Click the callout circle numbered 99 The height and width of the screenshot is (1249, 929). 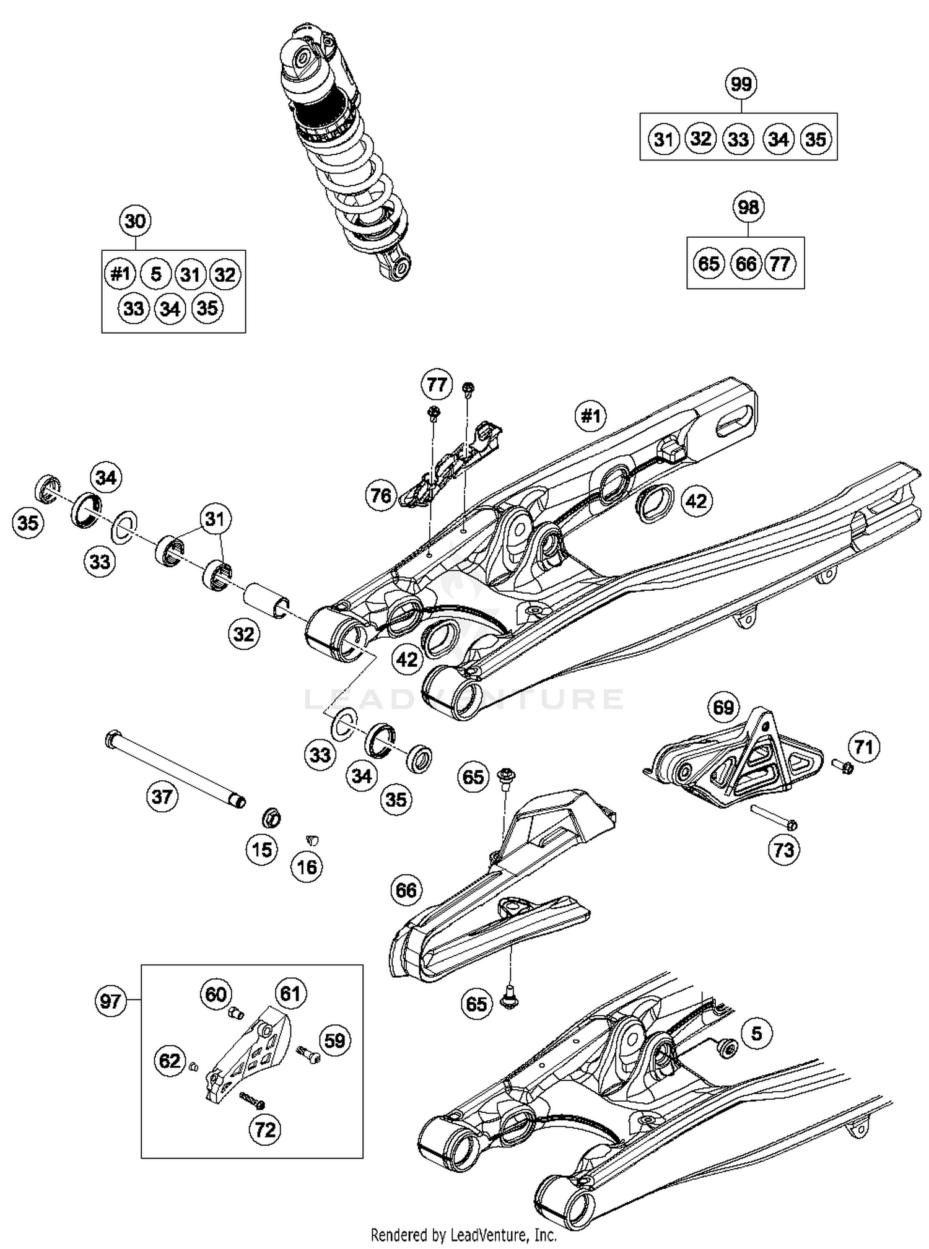click(x=741, y=84)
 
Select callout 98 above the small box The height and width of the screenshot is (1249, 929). click(x=748, y=207)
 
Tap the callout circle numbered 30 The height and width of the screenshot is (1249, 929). click(x=135, y=221)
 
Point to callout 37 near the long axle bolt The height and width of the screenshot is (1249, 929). click(x=162, y=796)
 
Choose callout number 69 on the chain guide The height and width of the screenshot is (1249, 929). click(x=723, y=707)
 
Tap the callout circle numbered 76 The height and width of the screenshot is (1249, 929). click(x=381, y=495)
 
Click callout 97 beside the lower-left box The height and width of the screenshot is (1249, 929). click(x=110, y=1001)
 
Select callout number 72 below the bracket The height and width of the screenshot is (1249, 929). click(x=265, y=1129)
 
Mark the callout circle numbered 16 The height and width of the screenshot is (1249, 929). click(x=307, y=867)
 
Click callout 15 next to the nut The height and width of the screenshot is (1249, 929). click(x=262, y=850)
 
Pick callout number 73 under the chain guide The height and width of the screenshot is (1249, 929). click(x=783, y=850)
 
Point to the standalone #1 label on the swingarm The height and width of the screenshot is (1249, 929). click(x=590, y=416)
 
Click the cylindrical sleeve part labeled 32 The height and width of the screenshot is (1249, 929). click(x=267, y=599)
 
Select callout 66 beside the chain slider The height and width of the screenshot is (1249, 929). click(x=406, y=890)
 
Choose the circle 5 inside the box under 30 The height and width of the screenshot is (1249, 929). click(x=155, y=274)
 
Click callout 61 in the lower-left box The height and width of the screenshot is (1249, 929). click(x=290, y=994)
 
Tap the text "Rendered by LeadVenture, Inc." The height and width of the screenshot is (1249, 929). click(x=463, y=1235)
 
